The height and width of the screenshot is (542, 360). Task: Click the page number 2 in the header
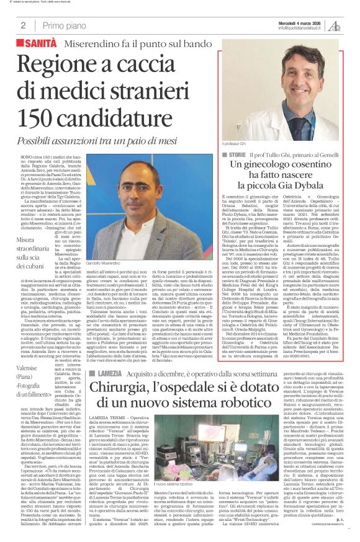click(x=23, y=25)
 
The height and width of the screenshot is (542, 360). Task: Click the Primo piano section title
click(x=65, y=25)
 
